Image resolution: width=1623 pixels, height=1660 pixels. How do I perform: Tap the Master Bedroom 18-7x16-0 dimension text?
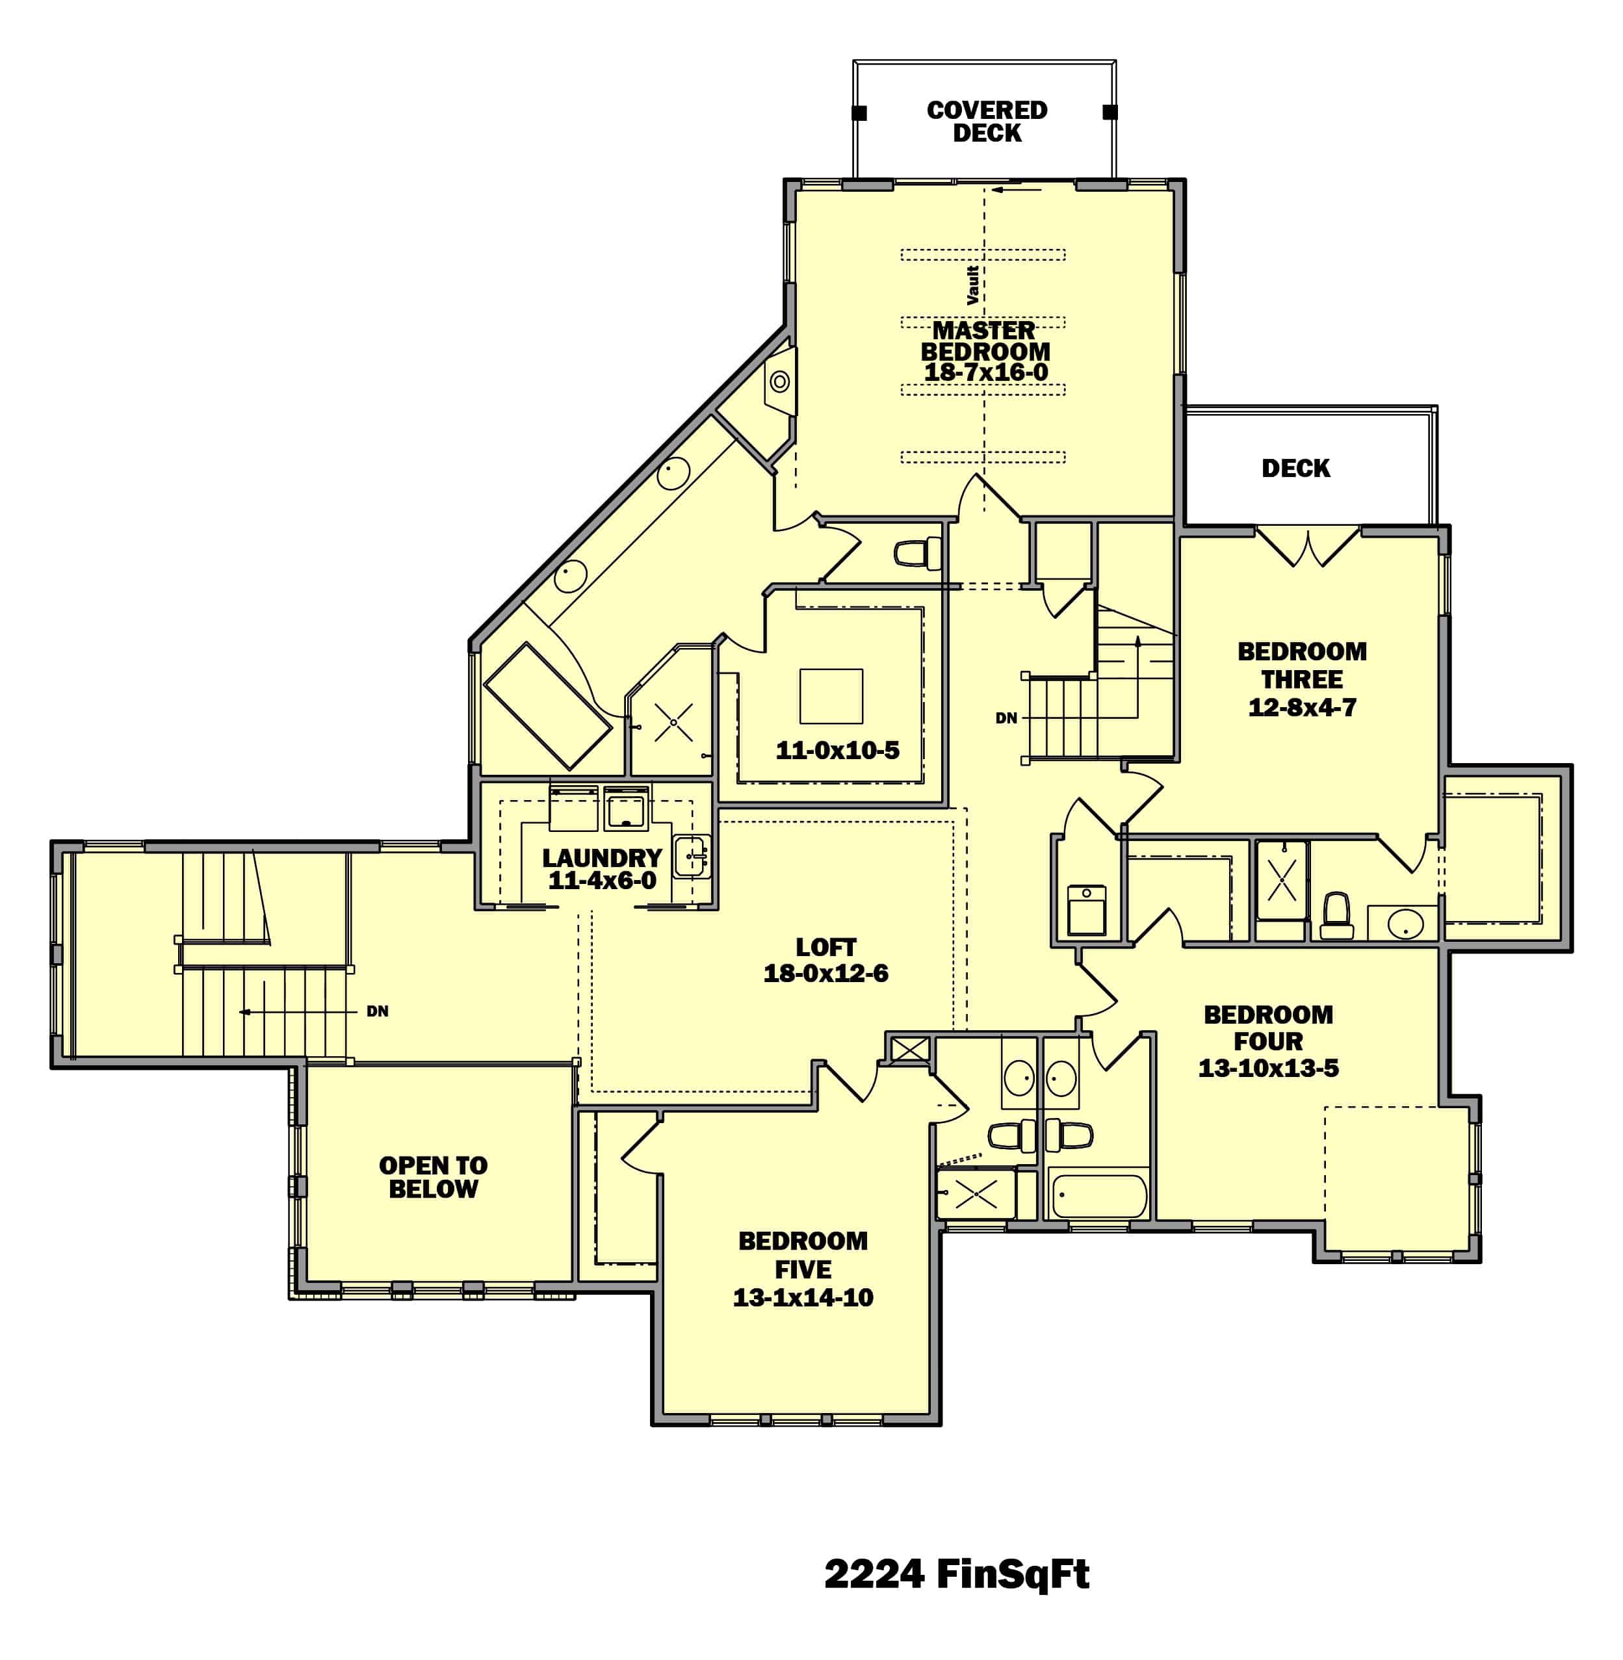pyautogui.click(x=986, y=372)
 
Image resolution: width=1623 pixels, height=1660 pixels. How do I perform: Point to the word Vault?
pyautogui.click(x=972, y=285)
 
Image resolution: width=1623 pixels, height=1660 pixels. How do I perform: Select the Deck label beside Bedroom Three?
pyautogui.click(x=1295, y=468)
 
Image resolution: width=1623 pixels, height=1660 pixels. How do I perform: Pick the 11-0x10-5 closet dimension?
pyautogui.click(x=837, y=750)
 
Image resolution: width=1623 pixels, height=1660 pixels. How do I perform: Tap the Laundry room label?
pyautogui.click(x=602, y=858)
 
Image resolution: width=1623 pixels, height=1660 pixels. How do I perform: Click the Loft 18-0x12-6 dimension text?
pyautogui.click(x=825, y=974)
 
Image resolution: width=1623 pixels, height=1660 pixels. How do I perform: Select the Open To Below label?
pyautogui.click(x=433, y=1178)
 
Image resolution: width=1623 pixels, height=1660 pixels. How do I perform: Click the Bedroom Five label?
pyautogui.click(x=803, y=1255)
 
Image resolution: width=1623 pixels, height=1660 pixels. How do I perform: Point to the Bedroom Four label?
pyautogui.click(x=1267, y=1028)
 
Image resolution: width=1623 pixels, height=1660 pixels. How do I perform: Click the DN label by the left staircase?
pyautogui.click(x=378, y=1011)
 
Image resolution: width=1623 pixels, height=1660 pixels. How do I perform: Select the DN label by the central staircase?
pyautogui.click(x=1006, y=718)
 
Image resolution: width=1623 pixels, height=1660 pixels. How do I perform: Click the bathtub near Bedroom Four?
pyautogui.click(x=1098, y=1196)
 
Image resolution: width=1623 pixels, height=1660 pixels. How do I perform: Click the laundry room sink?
pyautogui.click(x=692, y=856)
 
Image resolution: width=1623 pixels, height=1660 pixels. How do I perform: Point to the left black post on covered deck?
pyautogui.click(x=859, y=112)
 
